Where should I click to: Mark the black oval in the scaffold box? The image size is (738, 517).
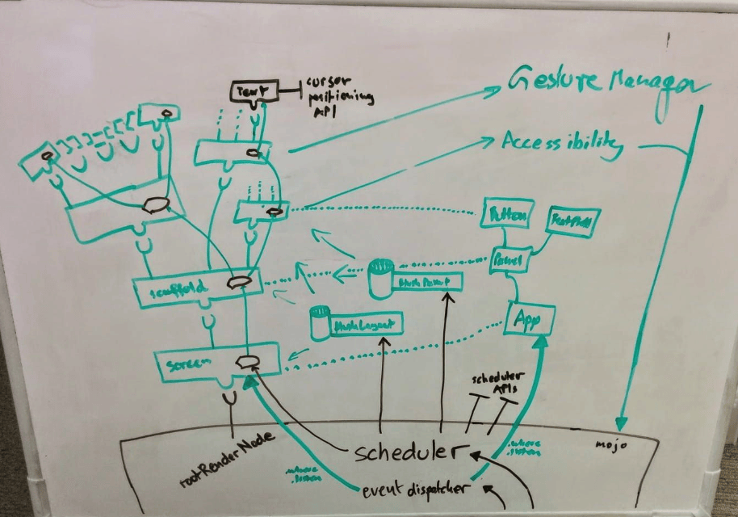[240, 284]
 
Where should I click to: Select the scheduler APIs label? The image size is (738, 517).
[497, 385]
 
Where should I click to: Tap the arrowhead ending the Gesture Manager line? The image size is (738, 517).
[621, 422]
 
